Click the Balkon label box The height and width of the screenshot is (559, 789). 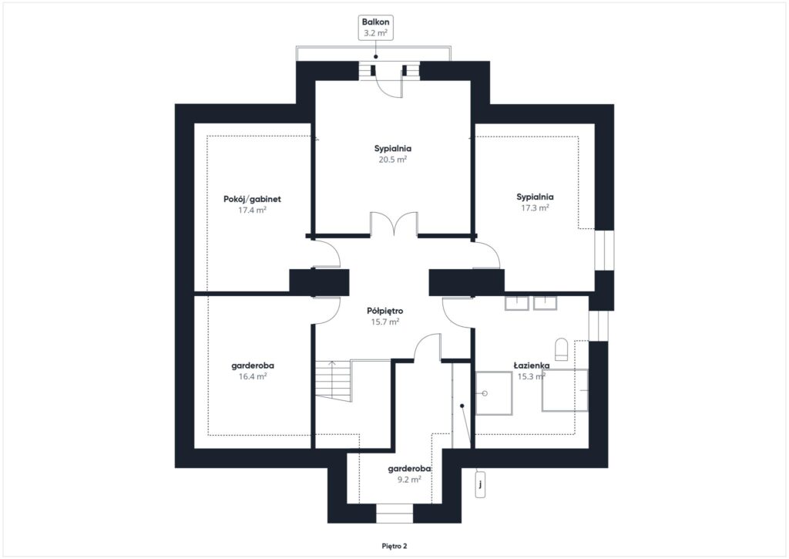click(376, 28)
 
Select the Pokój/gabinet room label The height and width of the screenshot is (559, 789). click(252, 198)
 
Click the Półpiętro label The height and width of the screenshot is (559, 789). click(385, 311)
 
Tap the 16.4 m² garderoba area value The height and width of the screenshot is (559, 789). click(252, 377)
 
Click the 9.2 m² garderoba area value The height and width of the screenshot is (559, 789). click(408, 479)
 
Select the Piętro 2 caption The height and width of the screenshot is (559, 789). click(394, 546)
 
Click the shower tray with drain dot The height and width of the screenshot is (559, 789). click(494, 393)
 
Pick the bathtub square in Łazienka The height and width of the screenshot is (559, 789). click(565, 390)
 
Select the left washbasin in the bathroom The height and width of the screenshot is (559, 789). click(517, 302)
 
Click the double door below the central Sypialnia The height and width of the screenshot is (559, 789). click(394, 224)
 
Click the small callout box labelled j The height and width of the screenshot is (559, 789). click(480, 484)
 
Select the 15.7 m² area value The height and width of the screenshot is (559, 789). click(384, 322)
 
